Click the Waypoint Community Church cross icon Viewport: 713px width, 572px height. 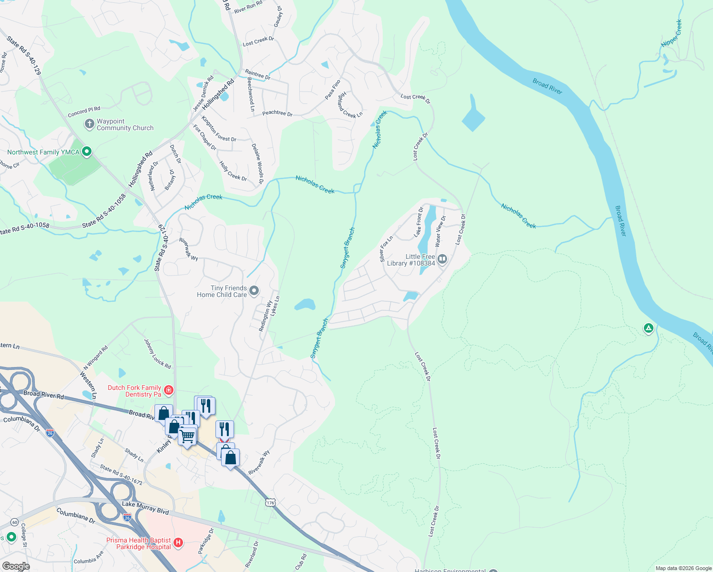[x=89, y=124]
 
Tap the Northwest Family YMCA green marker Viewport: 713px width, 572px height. [x=86, y=152]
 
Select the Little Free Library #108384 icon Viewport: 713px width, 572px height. [x=442, y=259]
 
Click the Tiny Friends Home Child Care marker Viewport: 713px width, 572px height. [x=254, y=290]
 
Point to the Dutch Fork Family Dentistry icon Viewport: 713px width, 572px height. [x=168, y=391]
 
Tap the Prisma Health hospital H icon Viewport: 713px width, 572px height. [x=178, y=542]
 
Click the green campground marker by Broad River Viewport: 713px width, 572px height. [x=648, y=328]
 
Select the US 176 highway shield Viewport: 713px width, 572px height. [x=271, y=502]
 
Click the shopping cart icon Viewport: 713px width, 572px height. [x=187, y=435]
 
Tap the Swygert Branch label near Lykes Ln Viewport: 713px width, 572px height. [x=319, y=338]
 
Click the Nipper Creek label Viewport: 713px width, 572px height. [x=672, y=33]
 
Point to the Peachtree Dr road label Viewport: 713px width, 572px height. [x=277, y=113]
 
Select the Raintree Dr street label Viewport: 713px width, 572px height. [x=257, y=74]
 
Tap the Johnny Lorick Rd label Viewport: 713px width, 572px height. [x=157, y=353]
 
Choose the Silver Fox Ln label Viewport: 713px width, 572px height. [x=386, y=248]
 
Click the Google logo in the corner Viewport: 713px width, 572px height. [x=16, y=566]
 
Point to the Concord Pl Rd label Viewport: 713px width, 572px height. [x=84, y=112]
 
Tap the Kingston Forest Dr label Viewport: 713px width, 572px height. [x=219, y=129]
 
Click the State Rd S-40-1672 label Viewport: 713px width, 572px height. [x=121, y=475]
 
